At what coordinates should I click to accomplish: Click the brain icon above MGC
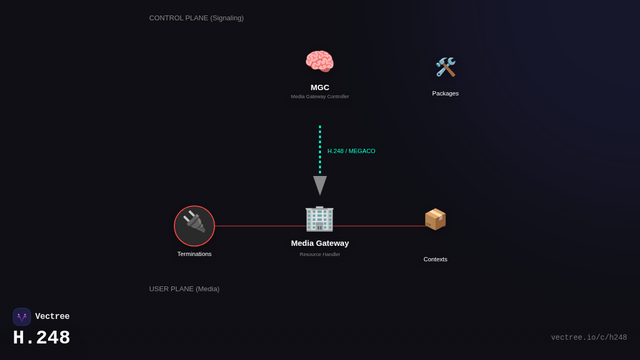tap(319, 61)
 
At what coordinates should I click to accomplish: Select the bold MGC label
tap(320, 87)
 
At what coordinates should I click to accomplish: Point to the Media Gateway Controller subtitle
tap(320, 97)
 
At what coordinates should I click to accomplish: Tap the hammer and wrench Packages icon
tap(445, 67)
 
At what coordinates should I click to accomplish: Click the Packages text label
tap(445, 93)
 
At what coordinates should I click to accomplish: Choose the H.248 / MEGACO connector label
tap(351, 151)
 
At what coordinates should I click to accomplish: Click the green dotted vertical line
tap(320, 149)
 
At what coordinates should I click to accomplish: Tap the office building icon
tap(319, 219)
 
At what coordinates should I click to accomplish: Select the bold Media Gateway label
tap(320, 243)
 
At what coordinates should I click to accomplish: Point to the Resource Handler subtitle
tap(320, 254)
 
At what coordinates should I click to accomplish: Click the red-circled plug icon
tap(195, 226)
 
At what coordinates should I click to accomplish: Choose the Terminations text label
tap(195, 254)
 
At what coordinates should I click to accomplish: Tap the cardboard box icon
tap(435, 219)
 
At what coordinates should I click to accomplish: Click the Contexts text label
tap(435, 259)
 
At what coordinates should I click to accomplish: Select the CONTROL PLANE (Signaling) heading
tap(196, 18)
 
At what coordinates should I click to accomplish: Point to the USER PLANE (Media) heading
tap(184, 289)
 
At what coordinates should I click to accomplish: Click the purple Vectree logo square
tap(22, 317)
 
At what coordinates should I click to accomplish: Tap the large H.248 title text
tap(42, 338)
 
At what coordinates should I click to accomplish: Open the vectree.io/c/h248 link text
tap(589, 338)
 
